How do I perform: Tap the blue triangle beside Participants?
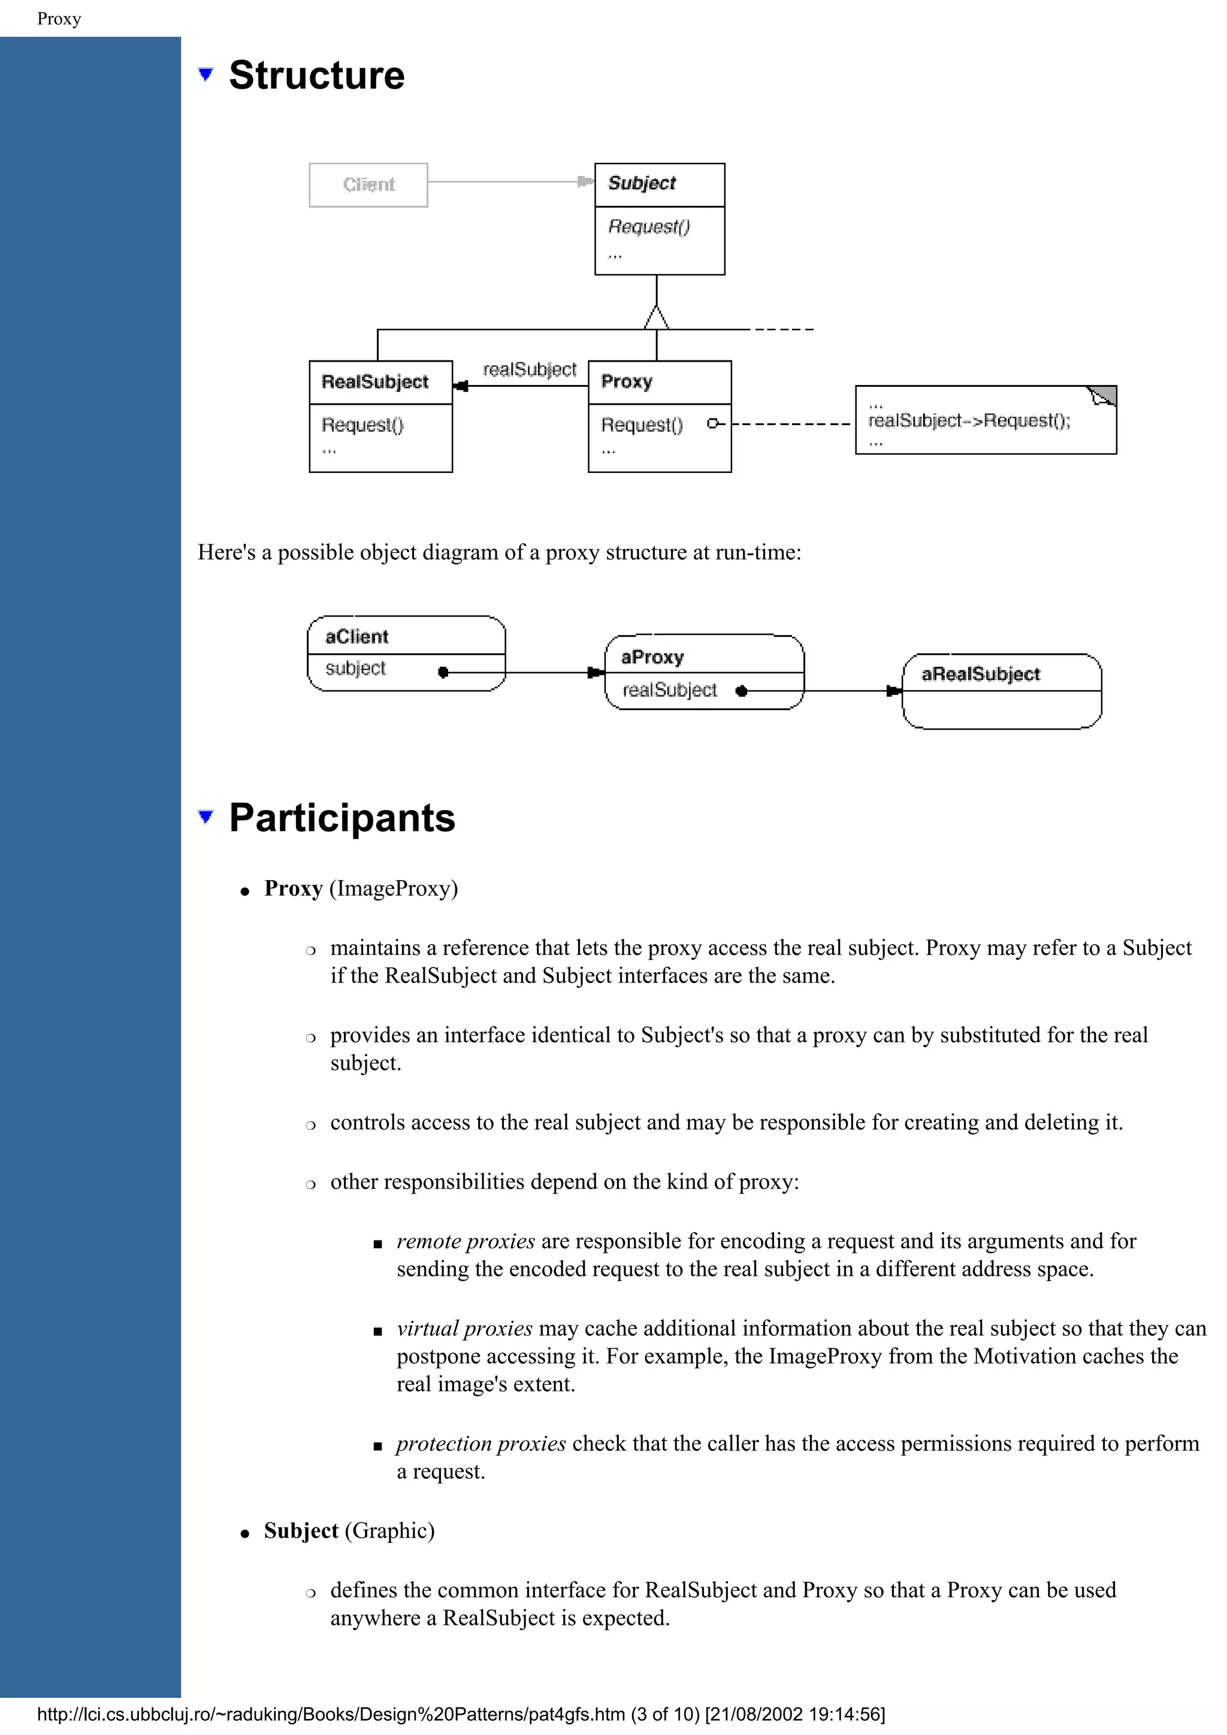pyautogui.click(x=205, y=816)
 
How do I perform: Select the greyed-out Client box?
pyautogui.click(x=368, y=185)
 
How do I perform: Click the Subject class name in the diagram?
pyautogui.click(x=642, y=184)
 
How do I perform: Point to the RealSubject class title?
pyautogui.click(x=375, y=383)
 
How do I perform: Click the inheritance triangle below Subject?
pyautogui.click(x=656, y=318)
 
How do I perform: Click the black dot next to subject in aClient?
pyautogui.click(x=443, y=672)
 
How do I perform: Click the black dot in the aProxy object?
pyautogui.click(x=741, y=691)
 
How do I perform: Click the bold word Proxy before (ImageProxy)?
pyautogui.click(x=294, y=888)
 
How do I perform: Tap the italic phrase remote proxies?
pyautogui.click(x=466, y=1241)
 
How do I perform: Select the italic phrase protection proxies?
pyautogui.click(x=481, y=1443)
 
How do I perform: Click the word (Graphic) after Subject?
pyautogui.click(x=390, y=1530)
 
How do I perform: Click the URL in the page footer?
pyautogui.click(x=331, y=1714)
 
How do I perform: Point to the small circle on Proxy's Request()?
pyautogui.click(x=711, y=424)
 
